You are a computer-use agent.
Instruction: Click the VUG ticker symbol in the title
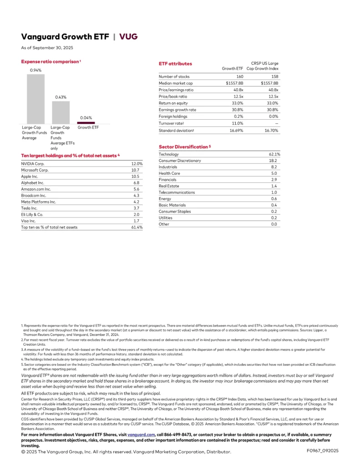coord(128,37)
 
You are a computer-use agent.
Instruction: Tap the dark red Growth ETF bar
coord(86,122)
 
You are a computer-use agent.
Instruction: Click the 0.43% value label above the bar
coord(61,97)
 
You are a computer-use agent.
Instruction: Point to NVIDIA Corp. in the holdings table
coord(33,163)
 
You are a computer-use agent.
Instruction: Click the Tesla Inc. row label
coord(29,208)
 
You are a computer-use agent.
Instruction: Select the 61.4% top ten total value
coord(137,227)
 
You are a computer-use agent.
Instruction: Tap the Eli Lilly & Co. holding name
coord(32,214)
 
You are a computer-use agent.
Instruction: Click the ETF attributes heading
coord(175,64)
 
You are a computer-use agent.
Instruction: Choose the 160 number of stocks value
coord(240,76)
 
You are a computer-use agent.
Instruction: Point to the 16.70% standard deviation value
coord(271,131)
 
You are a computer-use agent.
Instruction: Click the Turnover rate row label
coord(170,123)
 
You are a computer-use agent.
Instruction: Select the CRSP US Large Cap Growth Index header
coord(266,66)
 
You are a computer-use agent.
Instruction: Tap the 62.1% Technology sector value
coord(274,154)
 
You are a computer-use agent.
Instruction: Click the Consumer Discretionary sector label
coord(180,161)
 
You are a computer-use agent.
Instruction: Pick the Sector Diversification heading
coord(184,147)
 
